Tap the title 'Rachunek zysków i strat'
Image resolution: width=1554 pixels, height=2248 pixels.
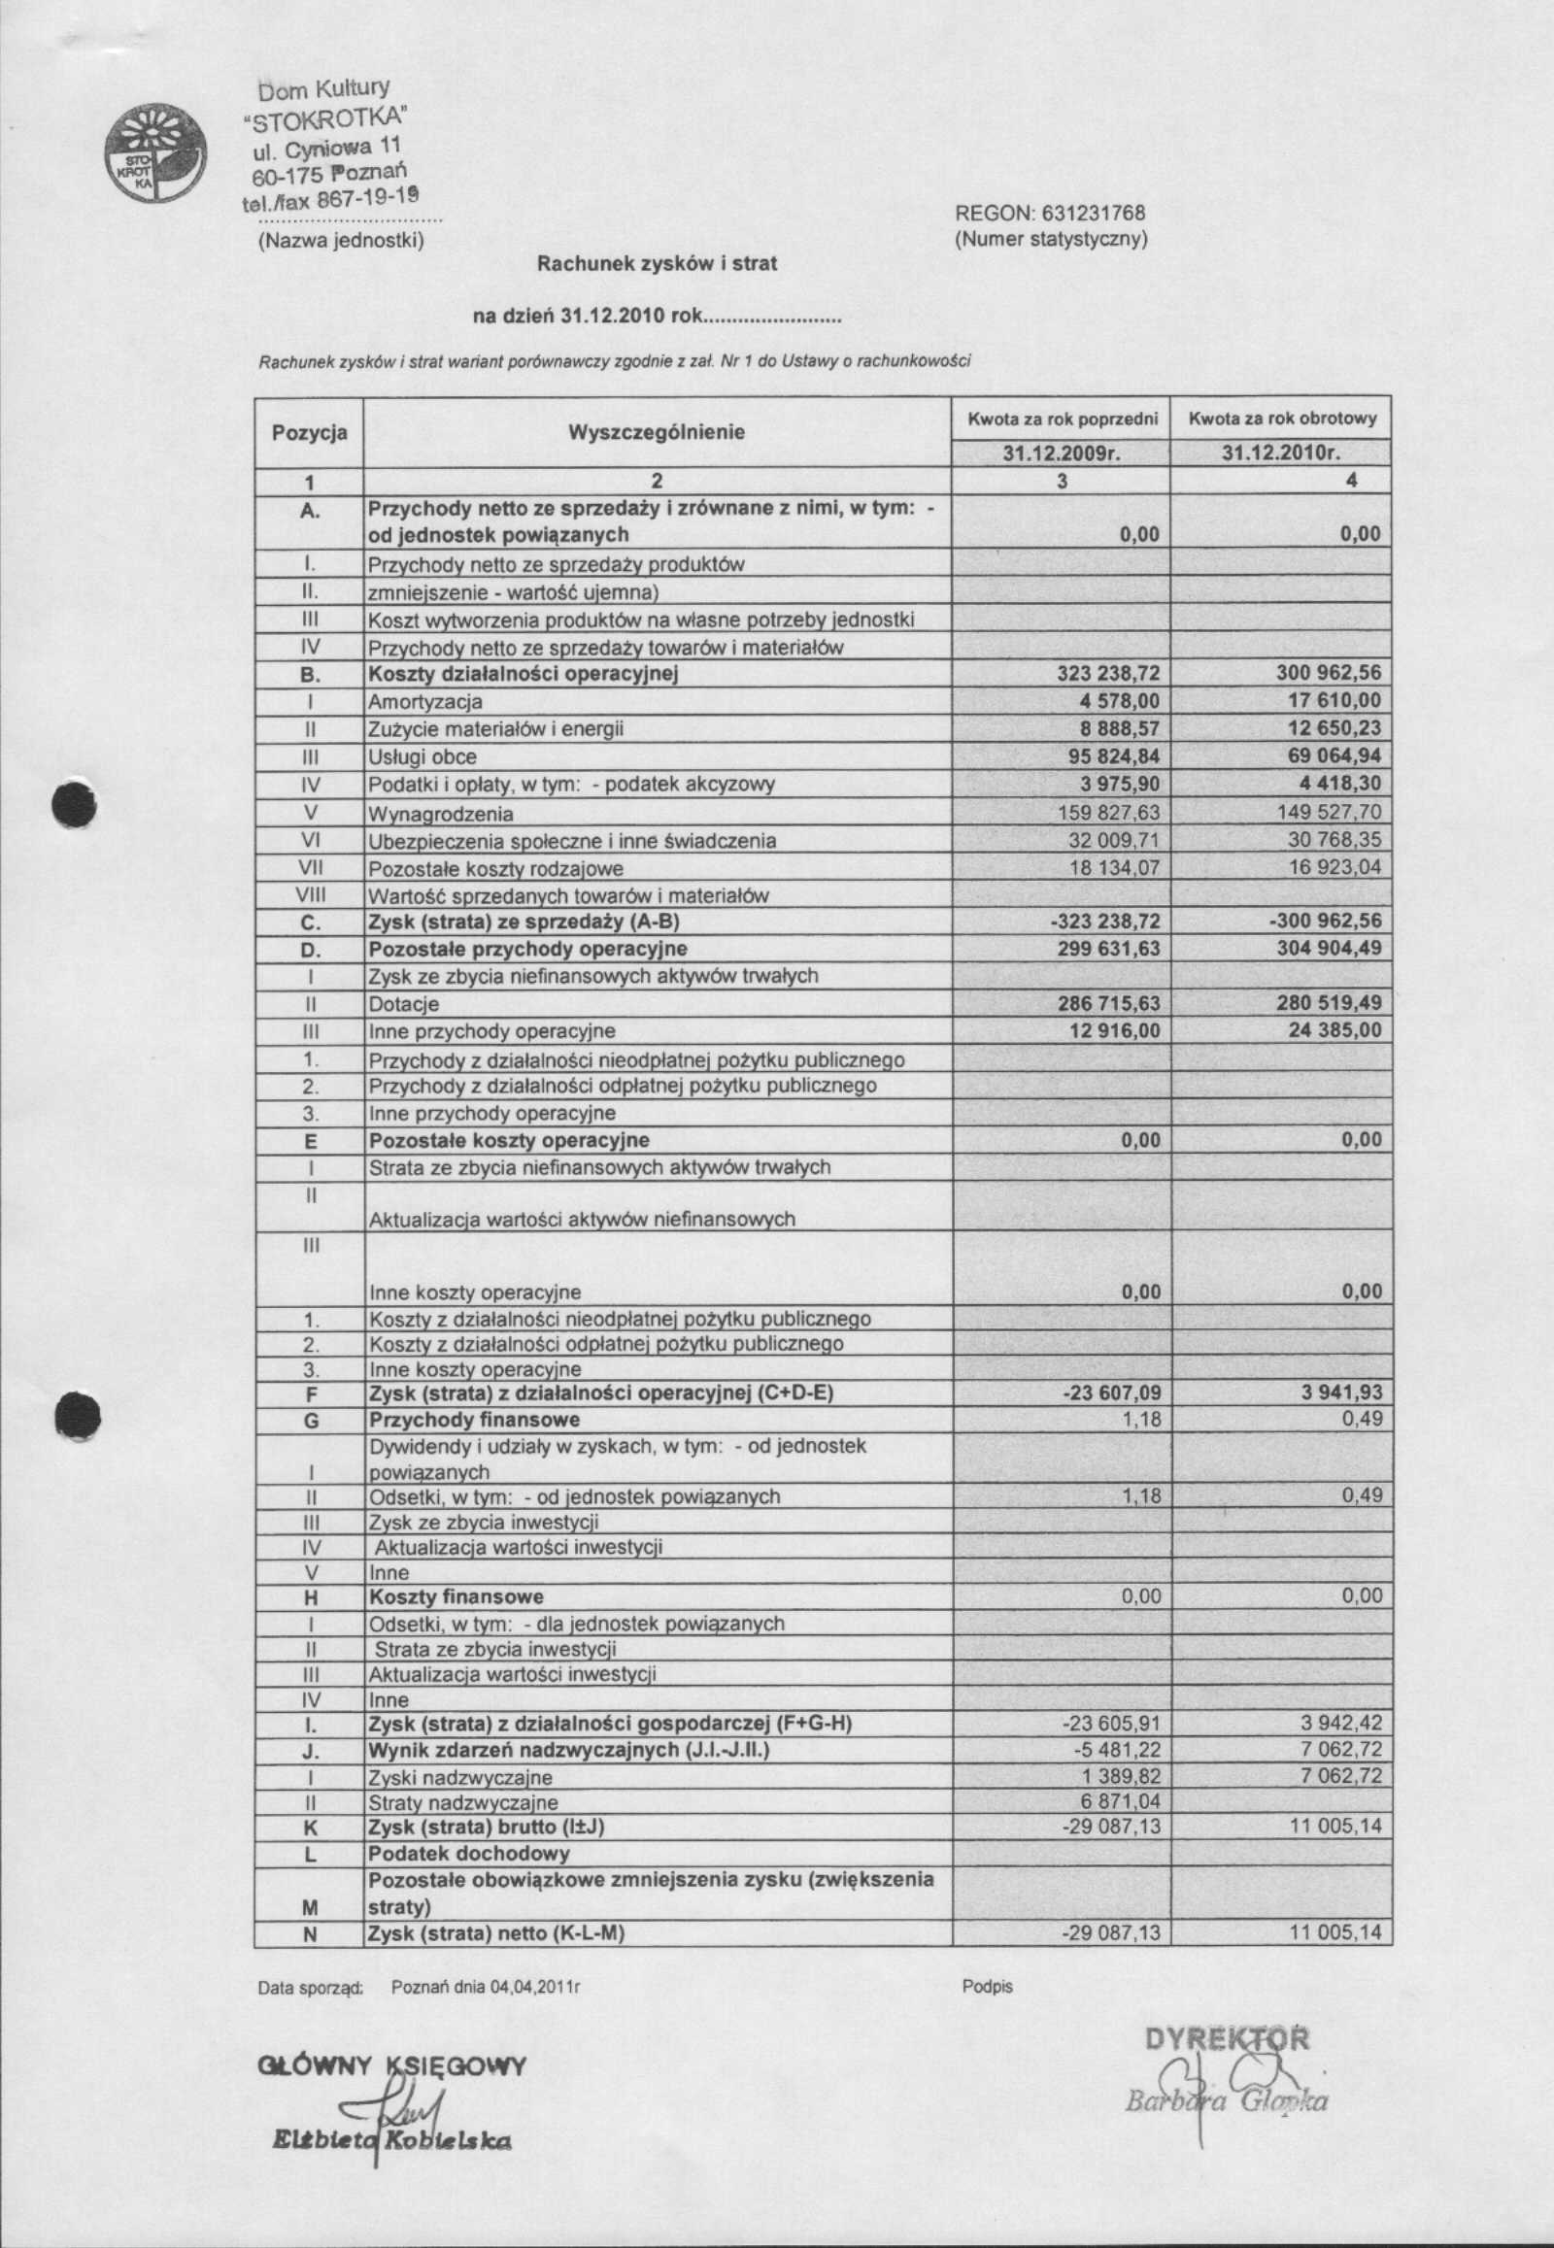pos(659,264)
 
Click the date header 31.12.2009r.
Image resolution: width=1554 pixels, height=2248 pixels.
pos(1062,453)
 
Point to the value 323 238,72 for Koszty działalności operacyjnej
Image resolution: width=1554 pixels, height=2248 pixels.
pos(1109,673)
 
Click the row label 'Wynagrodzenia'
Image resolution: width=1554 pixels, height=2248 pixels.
pos(440,814)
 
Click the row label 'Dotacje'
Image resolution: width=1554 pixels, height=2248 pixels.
pos(403,1004)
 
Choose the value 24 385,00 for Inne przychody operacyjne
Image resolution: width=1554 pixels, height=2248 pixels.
pos(1334,1030)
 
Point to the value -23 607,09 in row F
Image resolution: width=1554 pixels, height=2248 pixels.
pos(1111,1393)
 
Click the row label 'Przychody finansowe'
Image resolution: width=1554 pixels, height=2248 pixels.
pos(474,1420)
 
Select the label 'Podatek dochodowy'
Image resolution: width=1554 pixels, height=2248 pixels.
pos(469,1854)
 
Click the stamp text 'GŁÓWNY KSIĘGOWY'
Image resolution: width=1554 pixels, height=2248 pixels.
pos(391,2065)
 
